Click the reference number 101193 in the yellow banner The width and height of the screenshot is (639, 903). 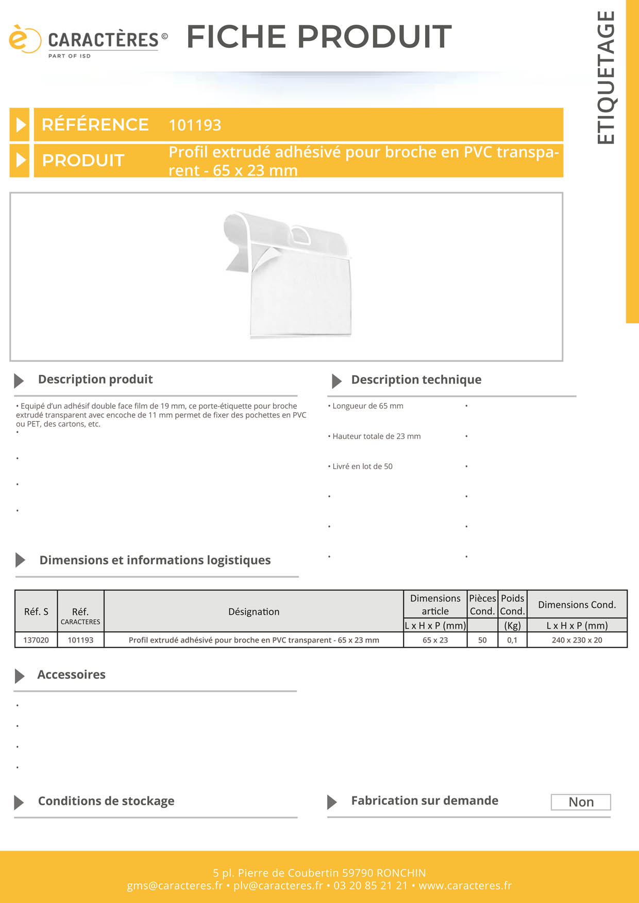195,125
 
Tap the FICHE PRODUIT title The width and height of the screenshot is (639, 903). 319,37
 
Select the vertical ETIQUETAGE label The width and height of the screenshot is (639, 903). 606,77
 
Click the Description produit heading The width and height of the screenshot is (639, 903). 95,379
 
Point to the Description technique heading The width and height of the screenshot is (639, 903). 416,380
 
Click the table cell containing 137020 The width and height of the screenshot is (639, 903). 36,640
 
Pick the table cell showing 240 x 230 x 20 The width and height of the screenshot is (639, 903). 577,640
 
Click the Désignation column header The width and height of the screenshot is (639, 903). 254,612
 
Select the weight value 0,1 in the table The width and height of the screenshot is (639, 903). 512,640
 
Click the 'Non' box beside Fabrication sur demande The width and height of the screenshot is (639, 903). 581,802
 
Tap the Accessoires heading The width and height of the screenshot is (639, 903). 71,675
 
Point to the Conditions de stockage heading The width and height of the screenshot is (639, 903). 106,801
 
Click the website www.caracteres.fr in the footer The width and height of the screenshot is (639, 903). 465,886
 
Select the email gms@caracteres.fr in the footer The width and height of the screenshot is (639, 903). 175,886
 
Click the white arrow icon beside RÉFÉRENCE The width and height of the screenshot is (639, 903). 20,125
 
